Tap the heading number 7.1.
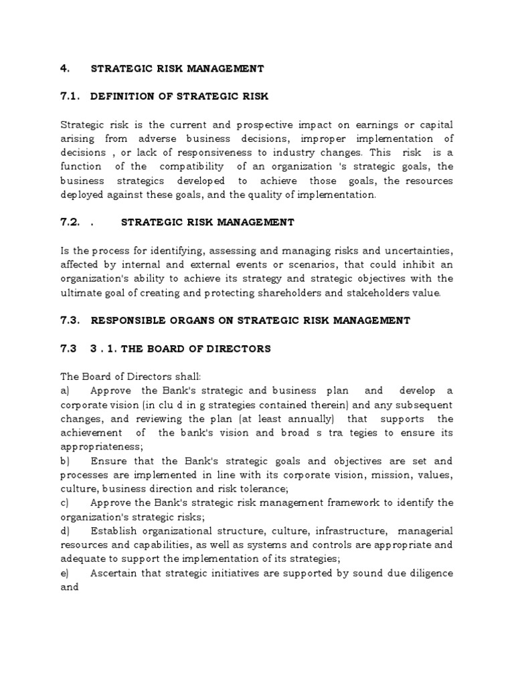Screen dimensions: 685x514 click(x=71, y=96)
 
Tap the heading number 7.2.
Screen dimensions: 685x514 click(x=71, y=222)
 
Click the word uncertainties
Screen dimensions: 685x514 click(x=416, y=250)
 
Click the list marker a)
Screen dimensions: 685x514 click(x=66, y=391)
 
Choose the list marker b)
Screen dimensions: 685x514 click(x=66, y=461)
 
